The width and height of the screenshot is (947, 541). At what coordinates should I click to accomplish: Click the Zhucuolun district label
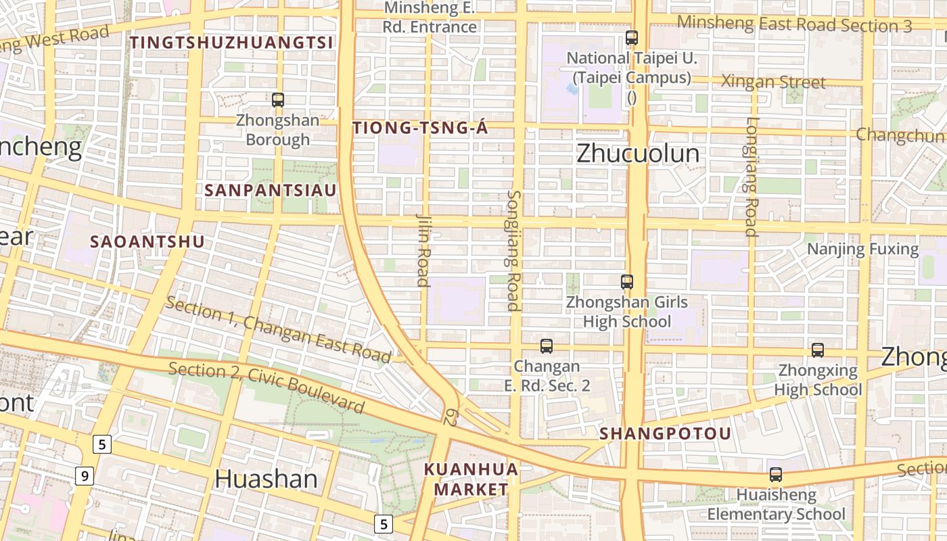pyautogui.click(x=638, y=154)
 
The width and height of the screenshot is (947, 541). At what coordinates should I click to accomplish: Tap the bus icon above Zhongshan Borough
pyautogui.click(x=277, y=100)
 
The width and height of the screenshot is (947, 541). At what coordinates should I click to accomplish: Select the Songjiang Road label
pyautogui.click(x=514, y=250)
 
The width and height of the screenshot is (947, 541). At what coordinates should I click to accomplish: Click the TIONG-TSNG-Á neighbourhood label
pyautogui.click(x=420, y=128)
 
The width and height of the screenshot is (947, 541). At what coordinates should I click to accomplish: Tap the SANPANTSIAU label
pyautogui.click(x=270, y=191)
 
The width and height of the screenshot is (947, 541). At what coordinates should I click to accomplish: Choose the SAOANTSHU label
pyautogui.click(x=147, y=241)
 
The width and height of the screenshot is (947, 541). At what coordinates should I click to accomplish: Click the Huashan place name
pyautogui.click(x=266, y=479)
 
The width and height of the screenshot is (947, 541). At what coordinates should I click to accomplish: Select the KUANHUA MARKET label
pyautogui.click(x=471, y=479)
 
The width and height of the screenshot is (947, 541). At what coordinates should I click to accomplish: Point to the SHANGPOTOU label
pyautogui.click(x=666, y=433)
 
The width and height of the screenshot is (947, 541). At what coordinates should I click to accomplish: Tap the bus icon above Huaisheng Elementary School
pyautogui.click(x=775, y=475)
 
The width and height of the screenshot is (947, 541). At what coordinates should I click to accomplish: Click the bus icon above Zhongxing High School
pyautogui.click(x=817, y=350)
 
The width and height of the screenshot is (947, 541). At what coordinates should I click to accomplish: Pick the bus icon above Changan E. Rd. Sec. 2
pyautogui.click(x=547, y=346)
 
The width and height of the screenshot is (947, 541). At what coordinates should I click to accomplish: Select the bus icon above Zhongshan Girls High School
pyautogui.click(x=627, y=282)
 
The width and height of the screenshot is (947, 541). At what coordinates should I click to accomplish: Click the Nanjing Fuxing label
pyautogui.click(x=862, y=249)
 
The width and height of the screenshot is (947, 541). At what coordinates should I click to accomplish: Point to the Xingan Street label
pyautogui.click(x=773, y=83)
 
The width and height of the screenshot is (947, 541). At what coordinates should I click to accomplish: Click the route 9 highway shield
pyautogui.click(x=84, y=477)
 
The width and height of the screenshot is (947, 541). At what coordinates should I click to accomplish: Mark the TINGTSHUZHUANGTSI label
pyautogui.click(x=231, y=43)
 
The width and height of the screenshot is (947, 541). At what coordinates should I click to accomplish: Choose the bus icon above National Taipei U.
pyautogui.click(x=632, y=38)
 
